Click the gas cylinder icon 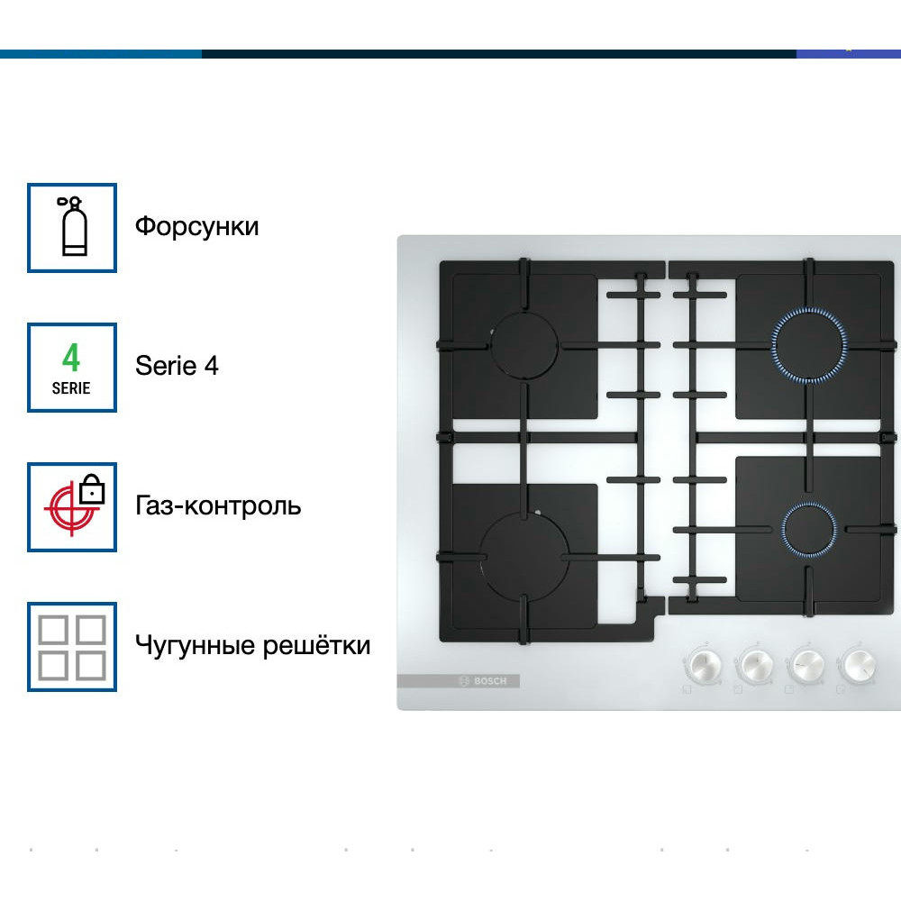pyautogui.click(x=73, y=226)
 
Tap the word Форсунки pyautogui.click(x=196, y=226)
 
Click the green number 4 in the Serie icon pyautogui.click(x=71, y=358)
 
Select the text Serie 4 pyautogui.click(x=177, y=366)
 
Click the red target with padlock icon pyautogui.click(x=74, y=505)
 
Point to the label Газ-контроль pyautogui.click(x=218, y=505)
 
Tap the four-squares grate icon pyautogui.click(x=72, y=647)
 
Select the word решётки pyautogui.click(x=316, y=645)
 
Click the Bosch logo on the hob pyautogui.click(x=483, y=681)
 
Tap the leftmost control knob pyautogui.click(x=702, y=666)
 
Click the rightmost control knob pyautogui.click(x=859, y=664)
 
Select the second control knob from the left pyautogui.click(x=754, y=665)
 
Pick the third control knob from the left pyautogui.click(x=806, y=665)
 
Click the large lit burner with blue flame pyautogui.click(x=809, y=345)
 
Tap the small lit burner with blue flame pyautogui.click(x=809, y=529)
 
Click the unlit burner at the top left pyautogui.click(x=524, y=345)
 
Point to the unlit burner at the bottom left pyautogui.click(x=524, y=557)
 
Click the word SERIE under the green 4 pyautogui.click(x=71, y=388)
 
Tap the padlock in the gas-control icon pyautogui.click(x=92, y=489)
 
